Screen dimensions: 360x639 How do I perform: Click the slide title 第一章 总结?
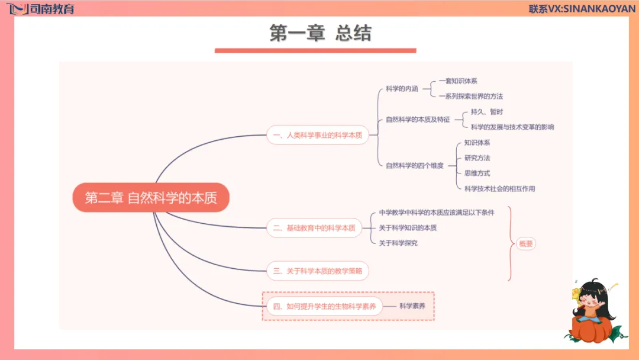click(320, 33)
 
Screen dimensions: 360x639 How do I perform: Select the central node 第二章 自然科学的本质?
click(151, 198)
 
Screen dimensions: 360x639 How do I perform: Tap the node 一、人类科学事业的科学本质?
click(317, 135)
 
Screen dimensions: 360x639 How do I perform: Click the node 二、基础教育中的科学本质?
click(314, 227)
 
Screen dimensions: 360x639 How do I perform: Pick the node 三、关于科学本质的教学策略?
click(318, 271)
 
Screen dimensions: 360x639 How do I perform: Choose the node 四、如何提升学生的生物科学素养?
click(322, 306)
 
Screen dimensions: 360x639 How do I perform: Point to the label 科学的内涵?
click(402, 89)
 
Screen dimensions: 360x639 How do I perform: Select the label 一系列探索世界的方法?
click(471, 96)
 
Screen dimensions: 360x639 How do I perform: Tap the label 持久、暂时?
click(487, 112)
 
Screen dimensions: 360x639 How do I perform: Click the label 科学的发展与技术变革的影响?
click(512, 127)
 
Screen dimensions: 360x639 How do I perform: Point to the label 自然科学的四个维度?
click(414, 166)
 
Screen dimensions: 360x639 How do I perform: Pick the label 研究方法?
click(477, 158)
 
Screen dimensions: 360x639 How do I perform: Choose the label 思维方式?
click(477, 173)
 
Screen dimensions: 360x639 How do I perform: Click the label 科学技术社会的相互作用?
click(499, 189)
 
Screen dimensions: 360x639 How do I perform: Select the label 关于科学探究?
click(398, 243)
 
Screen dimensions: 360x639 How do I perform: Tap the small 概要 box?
click(525, 243)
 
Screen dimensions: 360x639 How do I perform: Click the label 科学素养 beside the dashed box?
click(412, 306)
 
